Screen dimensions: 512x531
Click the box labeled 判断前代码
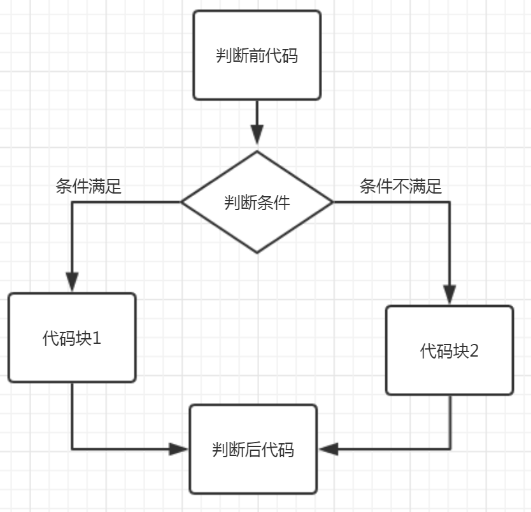click(x=257, y=55)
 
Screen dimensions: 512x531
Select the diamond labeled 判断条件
click(x=257, y=203)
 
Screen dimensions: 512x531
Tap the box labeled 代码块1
click(x=72, y=338)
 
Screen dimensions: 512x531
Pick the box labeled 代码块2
click(x=450, y=350)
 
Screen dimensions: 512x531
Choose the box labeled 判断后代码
click(x=253, y=450)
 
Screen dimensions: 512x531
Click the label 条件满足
click(x=88, y=187)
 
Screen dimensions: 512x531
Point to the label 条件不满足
click(x=400, y=187)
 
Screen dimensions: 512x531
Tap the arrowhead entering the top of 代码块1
click(x=72, y=281)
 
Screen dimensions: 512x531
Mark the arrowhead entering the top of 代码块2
click(x=450, y=294)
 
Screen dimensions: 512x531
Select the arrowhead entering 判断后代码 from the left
click(x=179, y=450)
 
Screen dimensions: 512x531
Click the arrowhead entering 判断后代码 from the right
click(x=329, y=450)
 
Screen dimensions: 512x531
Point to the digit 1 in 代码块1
click(x=97, y=338)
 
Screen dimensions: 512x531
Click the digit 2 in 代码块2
click(x=473, y=351)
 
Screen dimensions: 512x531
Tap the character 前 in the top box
click(x=257, y=56)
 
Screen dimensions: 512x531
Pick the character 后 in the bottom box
click(x=253, y=450)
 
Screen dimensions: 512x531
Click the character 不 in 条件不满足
click(x=400, y=187)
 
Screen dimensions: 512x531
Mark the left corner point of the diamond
click(x=182, y=203)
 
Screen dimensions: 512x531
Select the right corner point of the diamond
click(x=332, y=203)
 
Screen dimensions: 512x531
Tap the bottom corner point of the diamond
click(x=257, y=253)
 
